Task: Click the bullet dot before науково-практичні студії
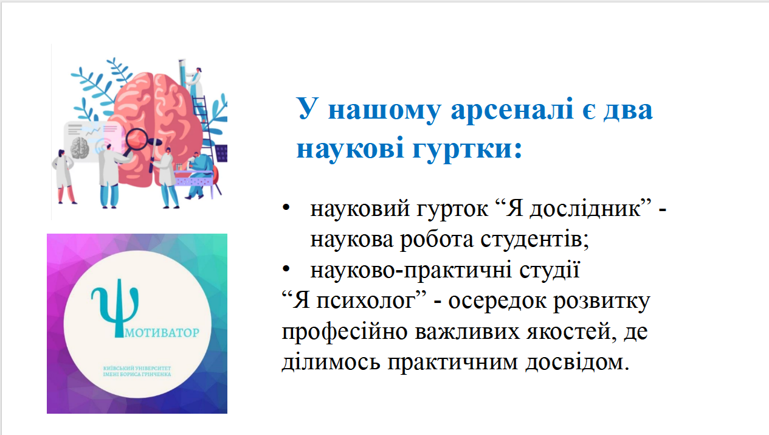click(286, 270)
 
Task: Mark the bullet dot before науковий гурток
click(286, 209)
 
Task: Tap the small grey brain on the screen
click(80, 147)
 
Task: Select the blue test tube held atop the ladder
click(182, 68)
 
